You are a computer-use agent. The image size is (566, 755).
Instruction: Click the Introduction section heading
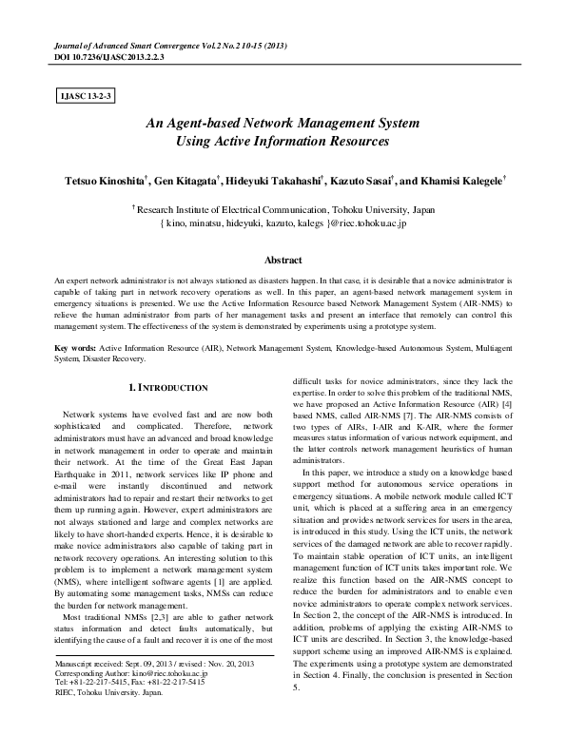pyautogui.click(x=167, y=389)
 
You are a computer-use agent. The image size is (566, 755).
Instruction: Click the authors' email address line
pyautogui.click(x=283, y=223)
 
